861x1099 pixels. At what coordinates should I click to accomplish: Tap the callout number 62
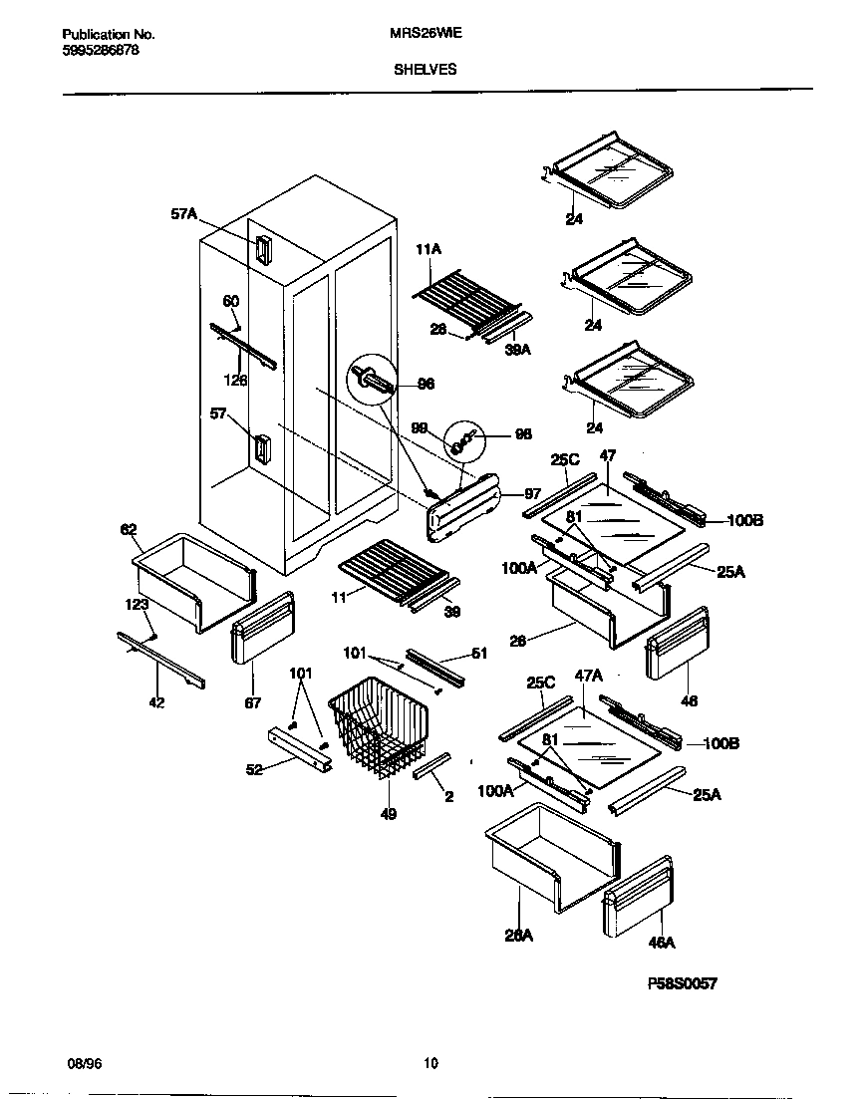[x=129, y=530]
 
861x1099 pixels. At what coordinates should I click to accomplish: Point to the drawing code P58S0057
[x=683, y=983]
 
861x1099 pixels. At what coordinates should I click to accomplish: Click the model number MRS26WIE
[x=423, y=32]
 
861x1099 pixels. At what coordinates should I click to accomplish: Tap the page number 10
[x=430, y=1063]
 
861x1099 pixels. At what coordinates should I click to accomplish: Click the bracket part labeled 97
[x=463, y=508]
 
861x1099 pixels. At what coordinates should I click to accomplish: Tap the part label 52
[x=256, y=769]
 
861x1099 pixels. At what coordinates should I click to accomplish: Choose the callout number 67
[x=252, y=702]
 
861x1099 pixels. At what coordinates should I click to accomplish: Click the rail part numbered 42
[x=160, y=660]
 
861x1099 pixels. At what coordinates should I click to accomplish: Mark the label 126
[x=236, y=380]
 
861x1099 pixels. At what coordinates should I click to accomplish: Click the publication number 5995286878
[x=94, y=50]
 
